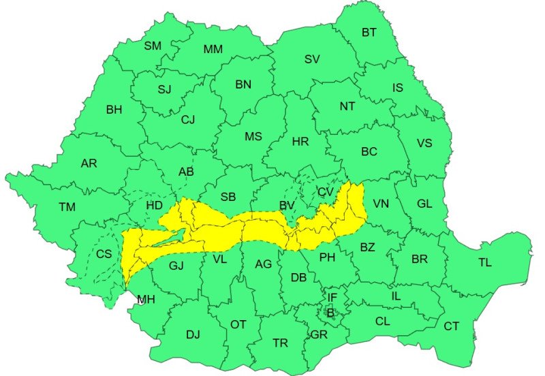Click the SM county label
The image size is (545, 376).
pyautogui.click(x=153, y=46)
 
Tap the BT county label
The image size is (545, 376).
pyautogui.click(x=369, y=32)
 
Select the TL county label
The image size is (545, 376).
pyautogui.click(x=485, y=262)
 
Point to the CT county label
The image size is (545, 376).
pyautogui.click(x=451, y=326)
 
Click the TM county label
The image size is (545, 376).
pyautogui.click(x=67, y=206)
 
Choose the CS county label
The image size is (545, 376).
pyautogui.click(x=104, y=254)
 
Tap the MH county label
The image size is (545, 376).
pyautogui.click(x=146, y=299)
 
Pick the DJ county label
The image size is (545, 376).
pyautogui.click(x=193, y=334)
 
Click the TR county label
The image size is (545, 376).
pyautogui.click(x=280, y=343)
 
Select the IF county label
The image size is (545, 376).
pyautogui.click(x=332, y=297)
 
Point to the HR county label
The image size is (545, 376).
pyautogui.click(x=300, y=142)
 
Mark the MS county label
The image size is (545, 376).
pyautogui.click(x=253, y=136)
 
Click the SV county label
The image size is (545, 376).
pyautogui.click(x=312, y=59)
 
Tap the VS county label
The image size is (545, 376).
pyautogui.click(x=424, y=143)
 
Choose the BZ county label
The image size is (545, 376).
pyautogui.click(x=367, y=247)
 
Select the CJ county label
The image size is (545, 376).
pyautogui.click(x=187, y=119)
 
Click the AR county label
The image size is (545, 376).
pyautogui.click(x=89, y=163)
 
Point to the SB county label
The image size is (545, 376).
pyautogui.click(x=228, y=197)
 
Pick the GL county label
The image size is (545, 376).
pyautogui.click(x=424, y=204)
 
